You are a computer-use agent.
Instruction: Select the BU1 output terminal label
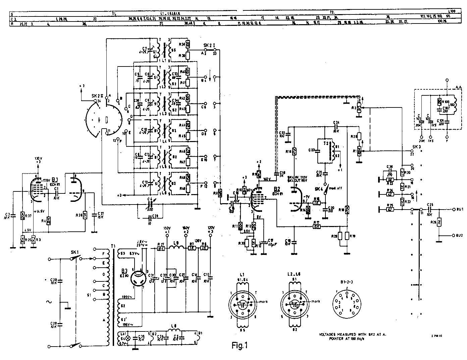[459, 209]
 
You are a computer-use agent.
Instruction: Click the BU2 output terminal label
[459, 235]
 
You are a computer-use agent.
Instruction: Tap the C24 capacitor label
[336, 122]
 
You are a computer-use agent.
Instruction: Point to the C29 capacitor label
[54, 324]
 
